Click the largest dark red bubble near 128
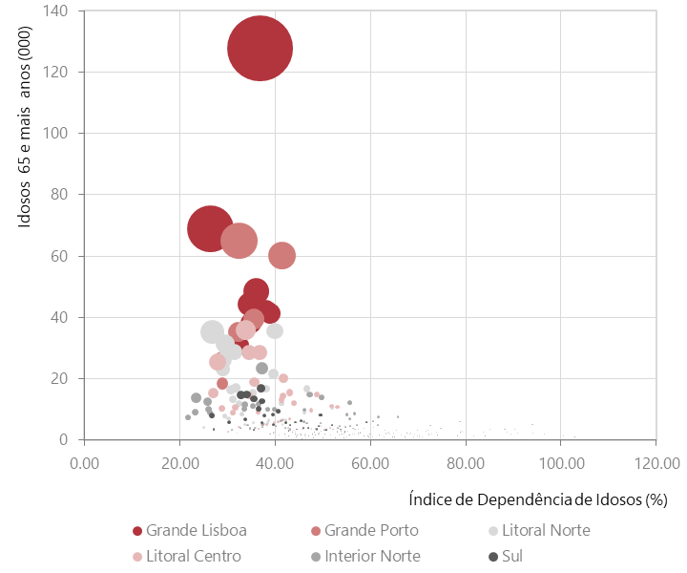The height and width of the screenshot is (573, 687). (x=260, y=48)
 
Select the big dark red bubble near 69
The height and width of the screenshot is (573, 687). (x=211, y=228)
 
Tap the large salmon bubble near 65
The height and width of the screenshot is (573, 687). (x=239, y=240)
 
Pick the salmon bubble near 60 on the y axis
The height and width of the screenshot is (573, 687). (x=281, y=255)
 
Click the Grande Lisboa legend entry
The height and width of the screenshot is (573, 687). (x=190, y=531)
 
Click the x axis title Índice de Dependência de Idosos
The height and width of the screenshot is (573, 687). (x=537, y=499)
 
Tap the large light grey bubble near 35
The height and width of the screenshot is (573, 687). (x=213, y=331)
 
